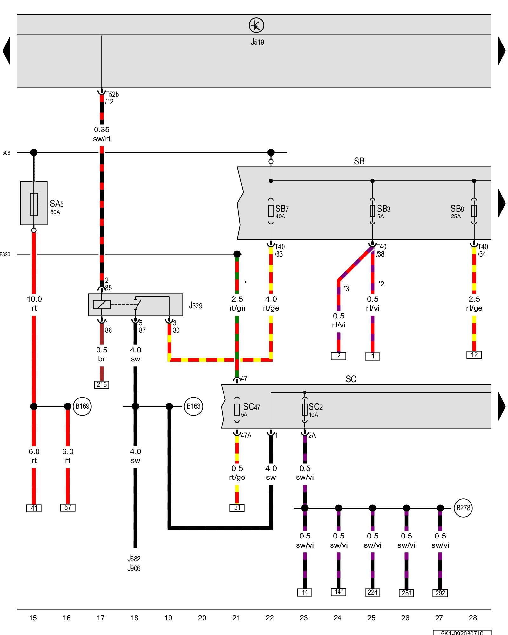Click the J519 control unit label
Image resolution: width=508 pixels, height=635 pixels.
(257, 42)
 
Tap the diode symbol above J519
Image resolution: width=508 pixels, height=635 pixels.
(256, 25)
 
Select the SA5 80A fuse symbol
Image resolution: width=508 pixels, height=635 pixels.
(34, 204)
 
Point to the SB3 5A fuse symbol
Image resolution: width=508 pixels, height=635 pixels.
(372, 211)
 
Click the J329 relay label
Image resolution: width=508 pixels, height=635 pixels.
(196, 305)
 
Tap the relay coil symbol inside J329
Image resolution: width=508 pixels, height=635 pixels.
(102, 304)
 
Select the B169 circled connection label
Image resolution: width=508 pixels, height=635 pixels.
(82, 406)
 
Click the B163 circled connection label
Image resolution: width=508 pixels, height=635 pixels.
(193, 406)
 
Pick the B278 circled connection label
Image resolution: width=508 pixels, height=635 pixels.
(463, 508)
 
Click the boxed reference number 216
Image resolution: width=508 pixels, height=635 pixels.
(102, 385)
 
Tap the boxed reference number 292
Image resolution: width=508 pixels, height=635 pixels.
(440, 593)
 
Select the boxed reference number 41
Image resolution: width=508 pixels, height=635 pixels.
(34, 508)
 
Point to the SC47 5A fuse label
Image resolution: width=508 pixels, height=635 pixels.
(251, 409)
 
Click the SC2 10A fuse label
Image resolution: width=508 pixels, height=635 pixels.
(315, 409)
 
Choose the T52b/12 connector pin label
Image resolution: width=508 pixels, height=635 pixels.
(111, 98)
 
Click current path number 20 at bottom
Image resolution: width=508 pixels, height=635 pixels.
(202, 618)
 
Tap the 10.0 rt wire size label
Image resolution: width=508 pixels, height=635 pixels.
(34, 304)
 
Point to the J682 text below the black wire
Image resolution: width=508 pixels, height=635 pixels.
(134, 558)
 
